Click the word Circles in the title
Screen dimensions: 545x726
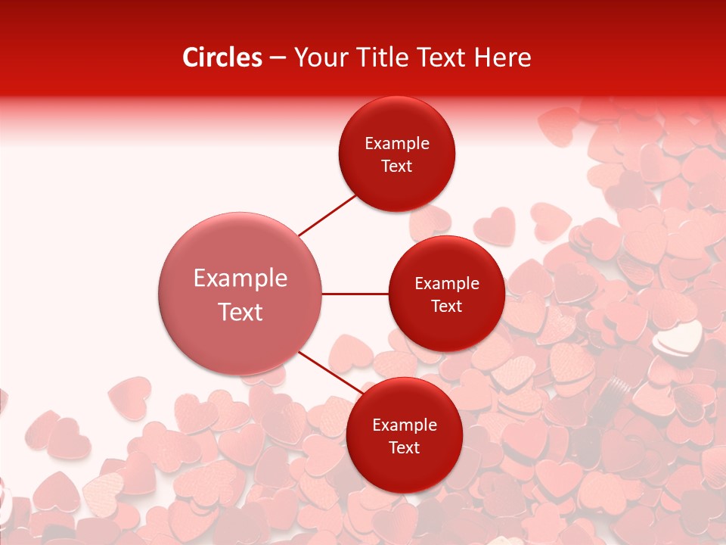pyautogui.click(x=222, y=58)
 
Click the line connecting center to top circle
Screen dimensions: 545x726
pyautogui.click(x=327, y=215)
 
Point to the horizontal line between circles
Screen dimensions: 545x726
pyautogui.click(x=355, y=294)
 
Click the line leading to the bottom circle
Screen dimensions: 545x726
pyautogui.click(x=331, y=372)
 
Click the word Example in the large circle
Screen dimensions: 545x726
pyautogui.click(x=240, y=278)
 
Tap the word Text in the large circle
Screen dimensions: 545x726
pyautogui.click(x=240, y=312)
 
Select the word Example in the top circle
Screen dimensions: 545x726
pyautogui.click(x=397, y=143)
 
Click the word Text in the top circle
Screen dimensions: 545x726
pyautogui.click(x=396, y=166)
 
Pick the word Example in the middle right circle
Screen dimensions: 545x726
pyautogui.click(x=447, y=283)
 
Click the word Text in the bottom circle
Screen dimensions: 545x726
pyautogui.click(x=404, y=447)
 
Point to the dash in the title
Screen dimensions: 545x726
pyautogui.click(x=278, y=58)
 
